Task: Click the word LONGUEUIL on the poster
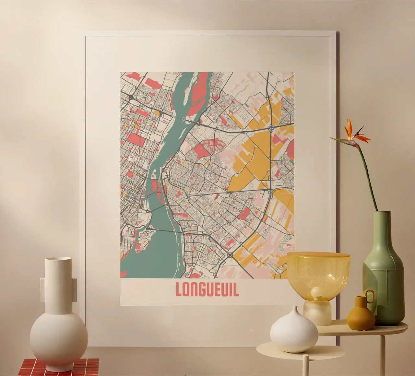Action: (x=207, y=289)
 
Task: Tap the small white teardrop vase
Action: (x=294, y=330)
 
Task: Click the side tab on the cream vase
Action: (x=43, y=290)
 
